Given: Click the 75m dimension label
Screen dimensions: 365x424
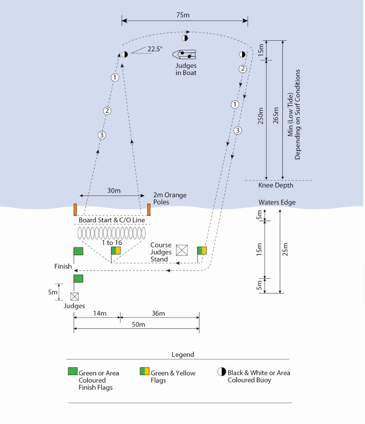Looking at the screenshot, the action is pyautogui.click(x=183, y=15).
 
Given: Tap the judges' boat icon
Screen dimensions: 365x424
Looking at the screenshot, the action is pyautogui.click(x=184, y=55).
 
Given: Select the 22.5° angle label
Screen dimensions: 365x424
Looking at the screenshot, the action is pyautogui.click(x=155, y=49).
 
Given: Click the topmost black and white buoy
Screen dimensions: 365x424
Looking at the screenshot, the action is pyautogui.click(x=185, y=38).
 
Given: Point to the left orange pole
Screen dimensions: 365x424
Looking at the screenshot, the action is pyautogui.click(x=75, y=210).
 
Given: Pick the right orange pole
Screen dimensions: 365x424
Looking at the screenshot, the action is pyautogui.click(x=149, y=210).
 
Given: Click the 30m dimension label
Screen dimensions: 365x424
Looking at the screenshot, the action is pyautogui.click(x=114, y=191).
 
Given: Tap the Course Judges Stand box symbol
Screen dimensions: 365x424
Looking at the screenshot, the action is pyautogui.click(x=182, y=250).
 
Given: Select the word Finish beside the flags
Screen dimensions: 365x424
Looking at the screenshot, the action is pyautogui.click(x=63, y=266).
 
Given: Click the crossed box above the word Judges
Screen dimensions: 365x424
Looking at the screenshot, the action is pyautogui.click(x=75, y=296).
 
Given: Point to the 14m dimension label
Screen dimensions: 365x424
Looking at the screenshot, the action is pyautogui.click(x=100, y=313).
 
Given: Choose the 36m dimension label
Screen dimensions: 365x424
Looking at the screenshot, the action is pyautogui.click(x=158, y=313).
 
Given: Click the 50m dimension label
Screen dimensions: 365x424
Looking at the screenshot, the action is pyautogui.click(x=139, y=324).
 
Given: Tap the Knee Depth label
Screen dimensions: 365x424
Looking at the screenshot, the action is pyautogui.click(x=276, y=185).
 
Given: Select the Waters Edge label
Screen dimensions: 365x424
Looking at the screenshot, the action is pyautogui.click(x=277, y=202).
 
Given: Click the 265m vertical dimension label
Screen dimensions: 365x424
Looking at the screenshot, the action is pyautogui.click(x=276, y=116).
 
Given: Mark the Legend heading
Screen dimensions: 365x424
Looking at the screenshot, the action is pyautogui.click(x=183, y=355).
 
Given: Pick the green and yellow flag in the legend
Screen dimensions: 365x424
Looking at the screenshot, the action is pyautogui.click(x=145, y=371).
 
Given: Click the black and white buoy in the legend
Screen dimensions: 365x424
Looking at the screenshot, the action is pyautogui.click(x=222, y=371).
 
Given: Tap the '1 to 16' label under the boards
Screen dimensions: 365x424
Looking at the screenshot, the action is pyautogui.click(x=112, y=243).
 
